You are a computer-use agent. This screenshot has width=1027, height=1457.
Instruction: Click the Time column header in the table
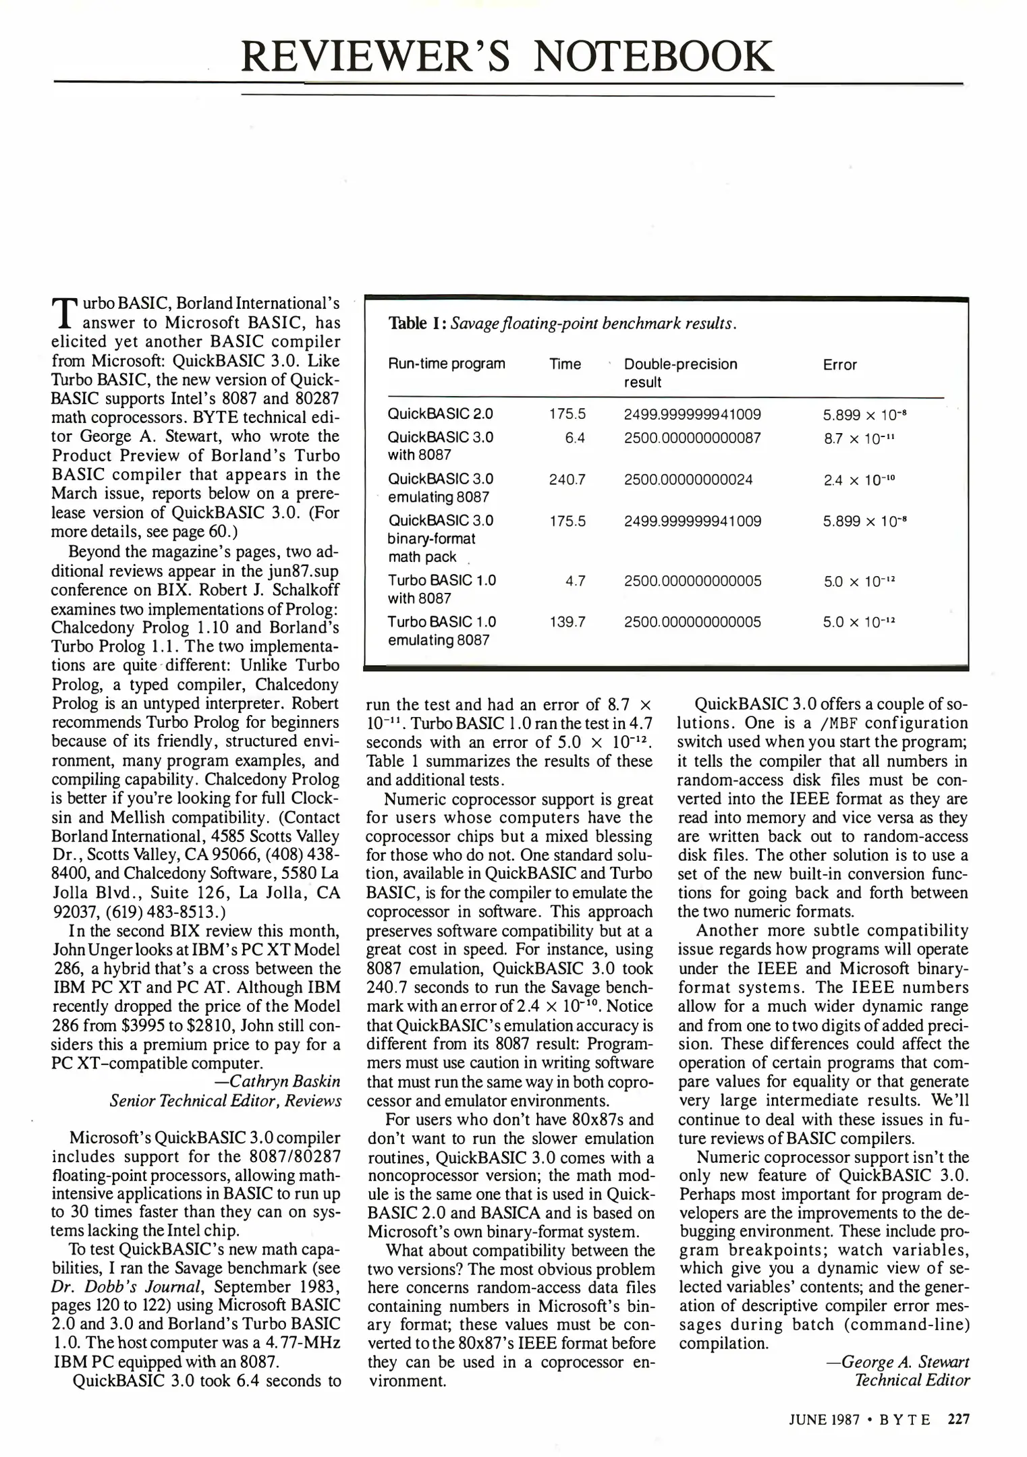click(565, 364)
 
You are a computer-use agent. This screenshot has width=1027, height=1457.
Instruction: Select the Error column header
click(839, 365)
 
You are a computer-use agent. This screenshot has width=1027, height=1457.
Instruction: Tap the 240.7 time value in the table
click(567, 480)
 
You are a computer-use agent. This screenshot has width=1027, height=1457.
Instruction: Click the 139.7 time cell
click(567, 621)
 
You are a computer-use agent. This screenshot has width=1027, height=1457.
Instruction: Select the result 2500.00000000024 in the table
click(688, 480)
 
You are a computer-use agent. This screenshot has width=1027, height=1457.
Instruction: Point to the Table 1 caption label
click(418, 323)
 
